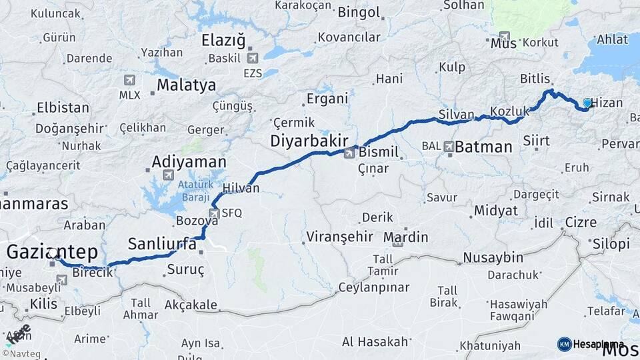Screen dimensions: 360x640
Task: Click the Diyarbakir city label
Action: tap(309, 141)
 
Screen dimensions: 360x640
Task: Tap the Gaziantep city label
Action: tap(52, 251)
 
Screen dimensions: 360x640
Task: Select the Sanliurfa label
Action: tap(162, 243)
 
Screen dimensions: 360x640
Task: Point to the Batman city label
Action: tap(483, 147)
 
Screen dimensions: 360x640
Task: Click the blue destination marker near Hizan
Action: tap(587, 103)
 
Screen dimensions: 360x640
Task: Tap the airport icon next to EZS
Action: tap(252, 61)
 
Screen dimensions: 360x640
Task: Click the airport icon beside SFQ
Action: tap(214, 213)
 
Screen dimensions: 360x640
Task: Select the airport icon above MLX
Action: tap(129, 81)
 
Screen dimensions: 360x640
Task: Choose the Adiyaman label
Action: tap(189, 161)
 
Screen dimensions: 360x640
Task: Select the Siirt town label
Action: tap(536, 141)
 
